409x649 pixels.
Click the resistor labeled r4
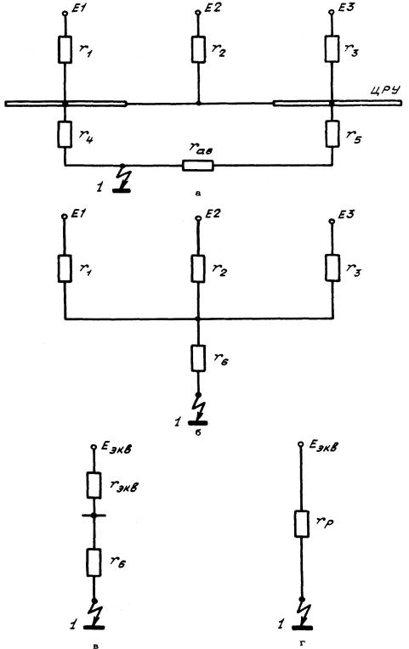tap(65, 134)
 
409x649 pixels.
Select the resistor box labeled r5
tap(332, 133)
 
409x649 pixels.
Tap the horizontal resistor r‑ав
tap(198, 166)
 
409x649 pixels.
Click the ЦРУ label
tap(385, 91)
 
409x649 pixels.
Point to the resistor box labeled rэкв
tap(94, 485)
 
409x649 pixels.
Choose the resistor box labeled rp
tap(302, 524)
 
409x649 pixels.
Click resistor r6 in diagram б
tap(198, 358)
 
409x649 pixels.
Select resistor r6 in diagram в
tap(94, 562)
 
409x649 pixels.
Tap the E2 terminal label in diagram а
tap(213, 8)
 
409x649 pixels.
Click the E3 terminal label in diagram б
tap(346, 214)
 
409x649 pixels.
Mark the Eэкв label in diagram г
tap(323, 447)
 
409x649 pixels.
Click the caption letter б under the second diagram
tap(197, 433)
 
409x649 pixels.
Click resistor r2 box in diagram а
tap(198, 49)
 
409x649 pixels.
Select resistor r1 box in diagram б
tap(65, 268)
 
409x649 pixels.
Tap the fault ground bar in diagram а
tap(122, 190)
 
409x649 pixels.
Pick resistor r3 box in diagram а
tap(332, 48)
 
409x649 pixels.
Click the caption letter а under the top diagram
tap(197, 194)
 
